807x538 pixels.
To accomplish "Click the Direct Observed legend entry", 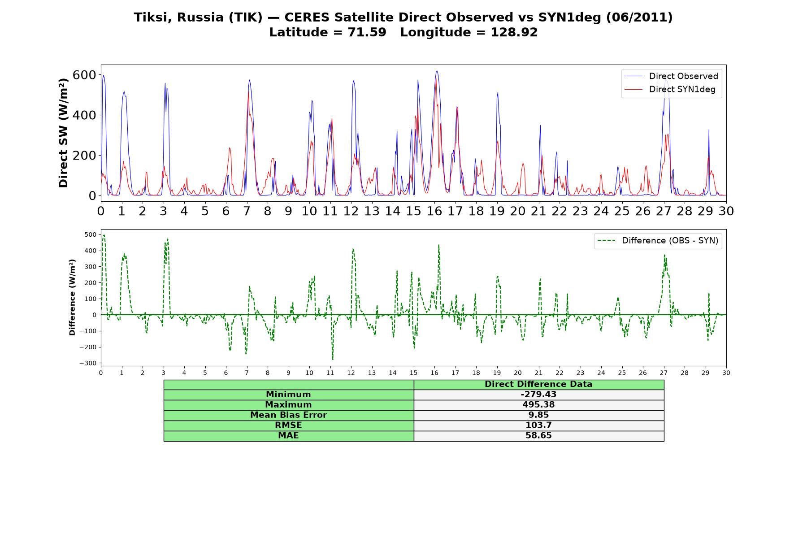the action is [x=671, y=76].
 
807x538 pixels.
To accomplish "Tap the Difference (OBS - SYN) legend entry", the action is [x=658, y=241].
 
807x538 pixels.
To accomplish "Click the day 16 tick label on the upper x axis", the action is [x=434, y=211].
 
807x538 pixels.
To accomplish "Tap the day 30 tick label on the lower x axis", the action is [x=726, y=373].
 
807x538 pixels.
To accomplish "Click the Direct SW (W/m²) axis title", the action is [x=63, y=133].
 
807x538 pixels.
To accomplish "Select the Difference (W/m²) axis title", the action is [x=72, y=297].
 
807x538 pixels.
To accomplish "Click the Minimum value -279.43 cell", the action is [x=538, y=395].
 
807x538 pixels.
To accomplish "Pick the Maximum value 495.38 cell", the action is [x=538, y=405].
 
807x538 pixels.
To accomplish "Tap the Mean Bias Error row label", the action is [x=288, y=415].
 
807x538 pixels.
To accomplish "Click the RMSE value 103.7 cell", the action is [x=538, y=425].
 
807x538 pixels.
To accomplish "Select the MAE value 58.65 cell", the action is [x=538, y=436].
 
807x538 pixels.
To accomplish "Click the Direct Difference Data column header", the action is [x=538, y=384].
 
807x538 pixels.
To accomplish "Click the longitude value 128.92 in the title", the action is [x=514, y=32].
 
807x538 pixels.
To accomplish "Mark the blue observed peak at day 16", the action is [x=437, y=71].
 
